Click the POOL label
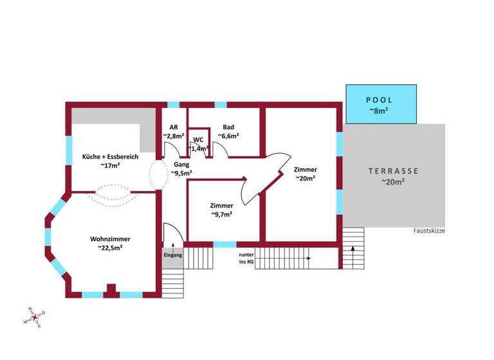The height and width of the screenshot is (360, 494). [x=379, y=100]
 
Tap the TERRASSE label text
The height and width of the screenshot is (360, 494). [x=393, y=171]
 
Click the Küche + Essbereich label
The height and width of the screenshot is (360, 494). [x=110, y=156]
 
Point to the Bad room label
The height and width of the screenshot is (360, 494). [x=228, y=127]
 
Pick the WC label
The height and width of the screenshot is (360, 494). [x=198, y=139]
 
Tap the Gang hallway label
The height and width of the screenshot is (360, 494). [x=179, y=165]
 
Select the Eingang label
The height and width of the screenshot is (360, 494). [x=172, y=255]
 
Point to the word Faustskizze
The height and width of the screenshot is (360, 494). [x=430, y=231]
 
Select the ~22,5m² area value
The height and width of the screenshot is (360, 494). [x=111, y=247]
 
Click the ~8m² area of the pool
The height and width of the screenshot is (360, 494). [x=379, y=111]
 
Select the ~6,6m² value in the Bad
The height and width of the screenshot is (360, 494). [x=228, y=136]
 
